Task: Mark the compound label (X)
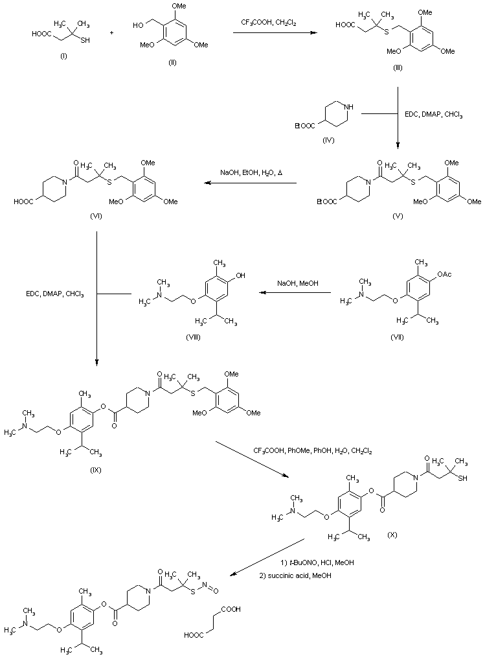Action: [392, 535]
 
